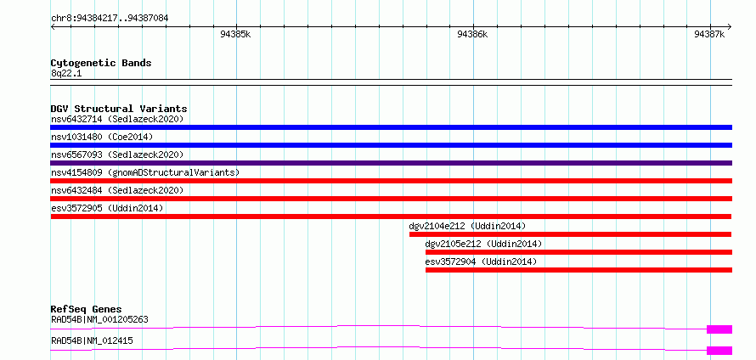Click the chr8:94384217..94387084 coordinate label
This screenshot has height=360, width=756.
[109, 18]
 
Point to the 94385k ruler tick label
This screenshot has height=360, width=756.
[235, 35]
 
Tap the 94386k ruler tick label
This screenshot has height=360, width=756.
[472, 35]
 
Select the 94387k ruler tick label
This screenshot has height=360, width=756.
[709, 35]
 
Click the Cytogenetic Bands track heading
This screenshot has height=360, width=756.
[101, 63]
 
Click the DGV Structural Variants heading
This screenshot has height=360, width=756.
[119, 109]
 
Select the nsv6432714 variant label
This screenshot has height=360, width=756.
[117, 119]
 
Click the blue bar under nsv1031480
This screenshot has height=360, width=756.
[391, 145]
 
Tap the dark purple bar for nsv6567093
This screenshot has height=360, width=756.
[391, 163]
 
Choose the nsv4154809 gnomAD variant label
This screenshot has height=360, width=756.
[145, 172]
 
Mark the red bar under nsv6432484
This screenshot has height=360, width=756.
[391, 199]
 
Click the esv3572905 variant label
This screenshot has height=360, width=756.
[107, 208]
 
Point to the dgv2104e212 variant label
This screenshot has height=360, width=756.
[467, 226]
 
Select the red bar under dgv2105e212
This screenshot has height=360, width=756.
[578, 252]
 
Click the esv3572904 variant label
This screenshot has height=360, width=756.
[481, 262]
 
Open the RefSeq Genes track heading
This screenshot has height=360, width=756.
[86, 309]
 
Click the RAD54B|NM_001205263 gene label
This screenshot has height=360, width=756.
[99, 319]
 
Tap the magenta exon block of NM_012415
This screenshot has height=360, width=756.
[719, 350]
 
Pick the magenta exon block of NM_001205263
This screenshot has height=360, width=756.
[719, 329]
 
